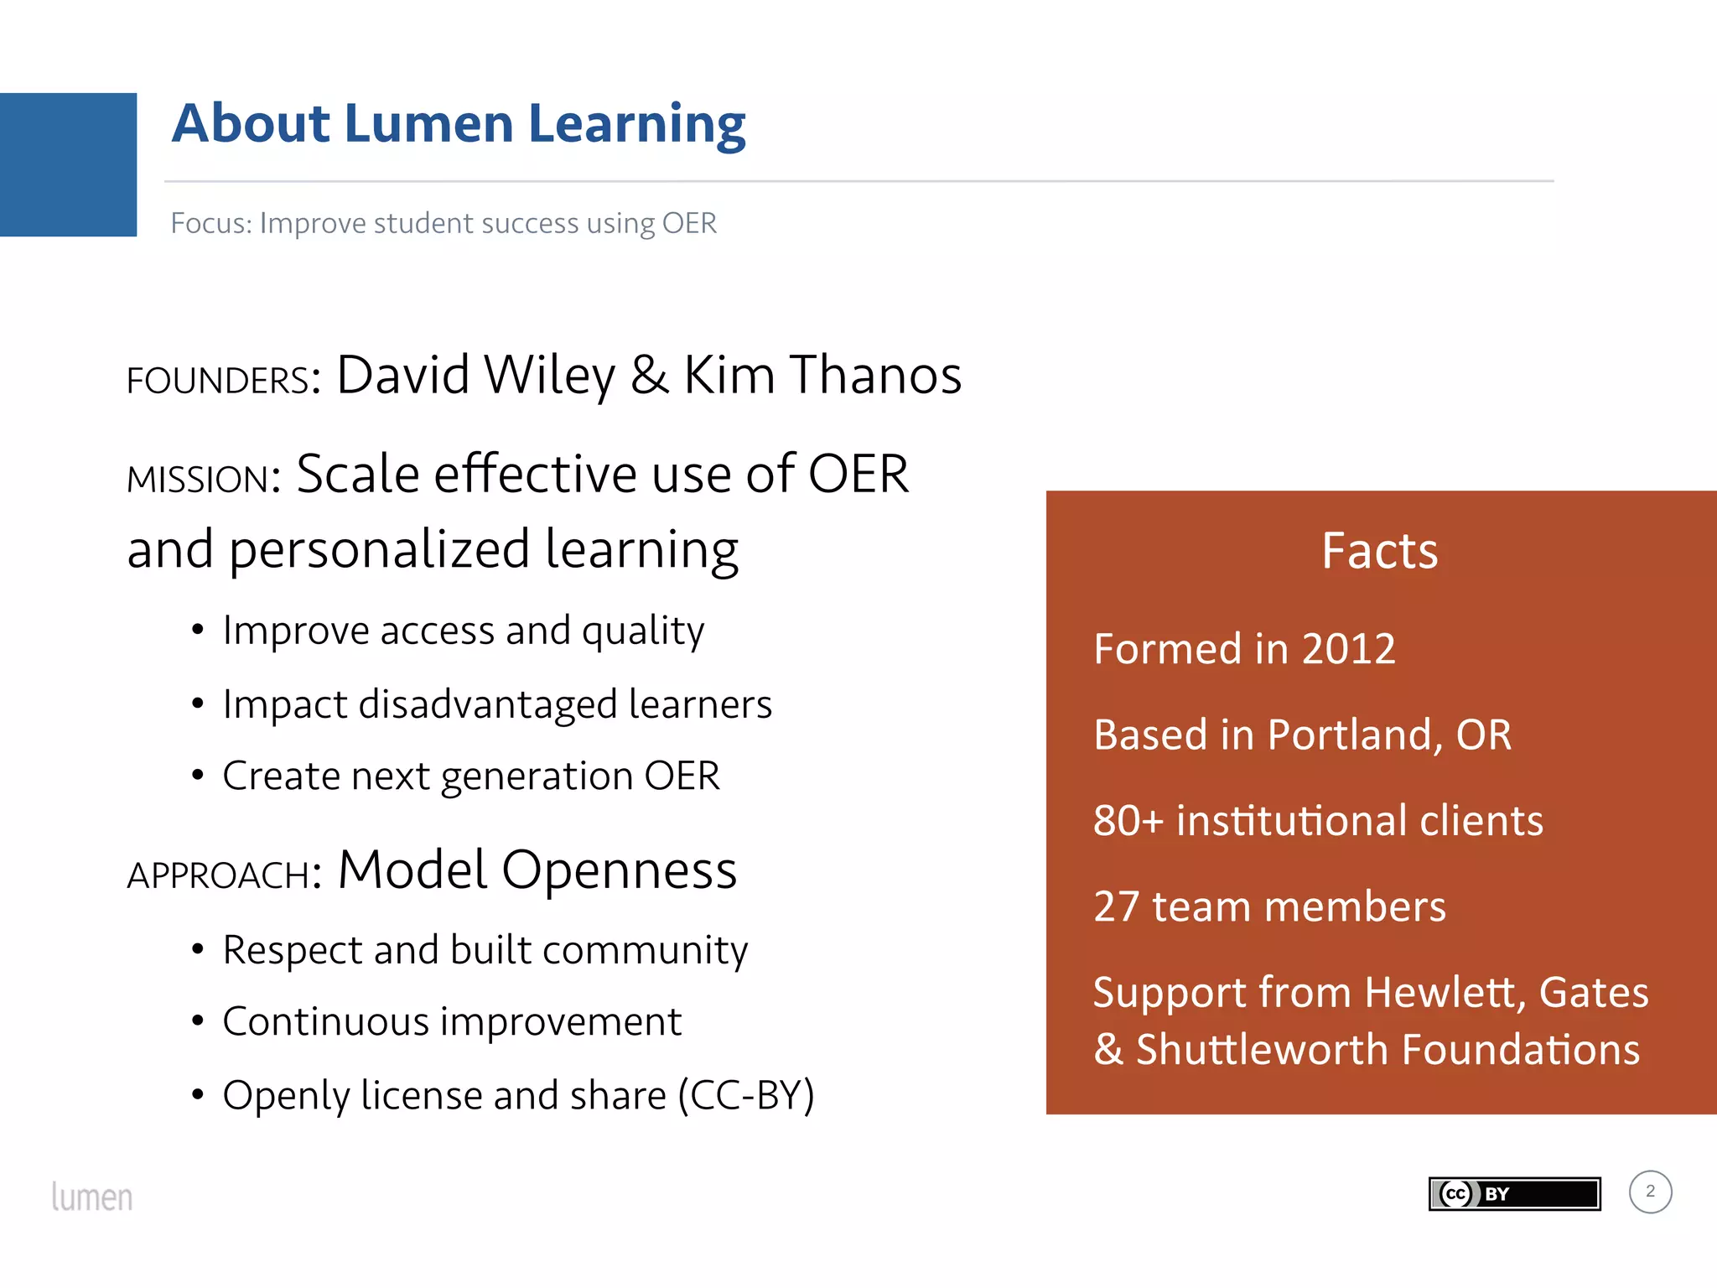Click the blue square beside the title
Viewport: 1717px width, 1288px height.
pyautogui.click(x=68, y=164)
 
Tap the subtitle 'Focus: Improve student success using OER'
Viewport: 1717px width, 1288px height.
pyautogui.click(x=444, y=223)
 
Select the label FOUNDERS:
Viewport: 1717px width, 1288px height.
pyautogui.click(x=223, y=381)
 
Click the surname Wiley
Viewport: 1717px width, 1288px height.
pyautogui.click(x=549, y=375)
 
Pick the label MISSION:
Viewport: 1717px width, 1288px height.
pyautogui.click(x=204, y=480)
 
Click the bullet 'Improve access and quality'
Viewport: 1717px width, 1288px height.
pyautogui.click(x=463, y=631)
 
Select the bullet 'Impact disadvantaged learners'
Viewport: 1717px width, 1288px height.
pyautogui.click(x=496, y=704)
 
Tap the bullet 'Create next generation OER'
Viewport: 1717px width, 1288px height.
pyautogui.click(x=470, y=776)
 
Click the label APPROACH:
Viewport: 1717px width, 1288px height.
pyautogui.click(x=224, y=875)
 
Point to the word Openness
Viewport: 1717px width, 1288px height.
pyautogui.click(x=619, y=870)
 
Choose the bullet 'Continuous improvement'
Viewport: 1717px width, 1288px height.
pyautogui.click(x=452, y=1021)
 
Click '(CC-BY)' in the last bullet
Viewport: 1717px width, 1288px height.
pyautogui.click(x=746, y=1095)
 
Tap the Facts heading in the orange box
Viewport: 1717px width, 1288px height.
pyautogui.click(x=1379, y=551)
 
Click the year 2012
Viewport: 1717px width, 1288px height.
pyautogui.click(x=1348, y=649)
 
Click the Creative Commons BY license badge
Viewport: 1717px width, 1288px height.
pyautogui.click(x=1514, y=1193)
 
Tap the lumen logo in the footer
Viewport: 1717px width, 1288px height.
pyautogui.click(x=92, y=1197)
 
